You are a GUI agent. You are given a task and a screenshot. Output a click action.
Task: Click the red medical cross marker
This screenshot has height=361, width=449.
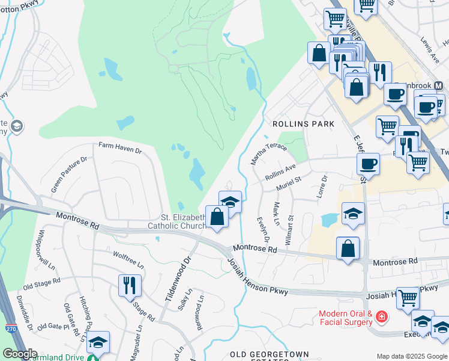(382, 317)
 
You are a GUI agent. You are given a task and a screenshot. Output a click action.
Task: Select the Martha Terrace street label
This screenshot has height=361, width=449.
(265, 151)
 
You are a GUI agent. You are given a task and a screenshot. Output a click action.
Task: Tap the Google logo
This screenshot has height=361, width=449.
(19, 354)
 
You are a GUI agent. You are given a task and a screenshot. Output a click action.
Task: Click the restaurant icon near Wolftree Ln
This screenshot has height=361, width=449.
(130, 285)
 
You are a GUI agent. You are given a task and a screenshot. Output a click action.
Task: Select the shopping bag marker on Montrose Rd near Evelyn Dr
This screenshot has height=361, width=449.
(348, 248)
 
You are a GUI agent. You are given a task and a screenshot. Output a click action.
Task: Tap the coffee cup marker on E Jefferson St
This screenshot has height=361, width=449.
(369, 164)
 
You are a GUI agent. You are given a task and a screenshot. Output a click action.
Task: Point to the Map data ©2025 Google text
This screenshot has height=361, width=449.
(412, 356)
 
